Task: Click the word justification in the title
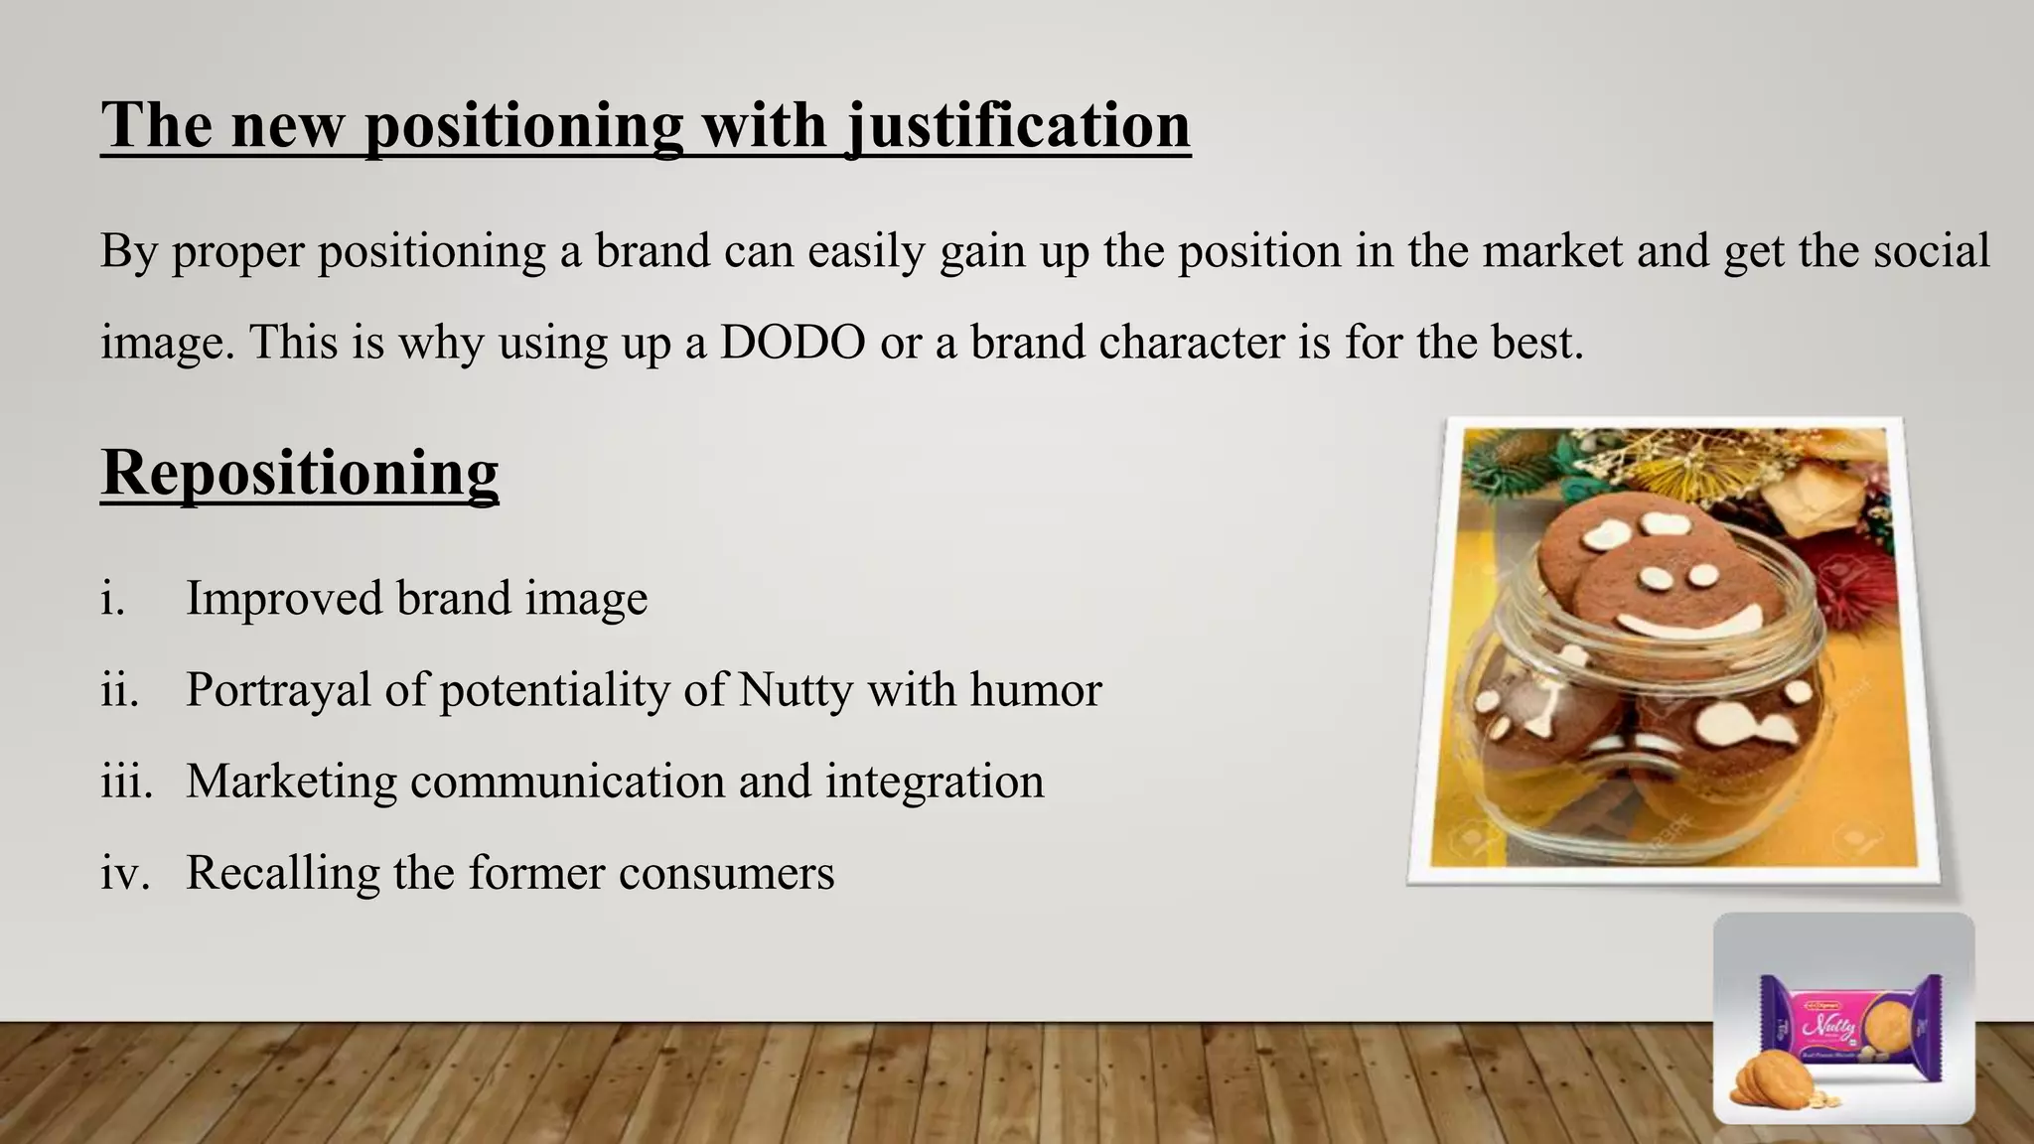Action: click(x=1018, y=126)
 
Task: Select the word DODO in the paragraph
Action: click(x=792, y=343)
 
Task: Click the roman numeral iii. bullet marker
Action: click(x=126, y=782)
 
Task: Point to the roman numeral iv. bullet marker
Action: click(x=125, y=873)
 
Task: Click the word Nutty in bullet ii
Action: click(x=795, y=690)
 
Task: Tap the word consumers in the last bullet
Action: click(x=726, y=873)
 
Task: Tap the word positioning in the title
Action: click(x=524, y=126)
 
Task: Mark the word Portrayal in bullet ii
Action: click(x=277, y=690)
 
